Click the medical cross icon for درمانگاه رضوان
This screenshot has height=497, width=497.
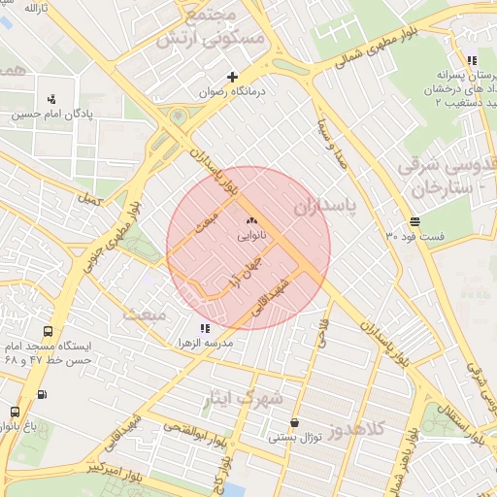point(232,77)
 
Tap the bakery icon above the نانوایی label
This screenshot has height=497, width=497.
point(251,221)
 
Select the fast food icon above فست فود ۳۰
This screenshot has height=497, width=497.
point(415,221)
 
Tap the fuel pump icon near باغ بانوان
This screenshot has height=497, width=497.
point(42,394)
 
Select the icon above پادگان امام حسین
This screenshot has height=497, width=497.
point(51,98)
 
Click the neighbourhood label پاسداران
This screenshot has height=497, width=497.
point(325,207)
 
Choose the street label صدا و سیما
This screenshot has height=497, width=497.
point(333,145)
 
